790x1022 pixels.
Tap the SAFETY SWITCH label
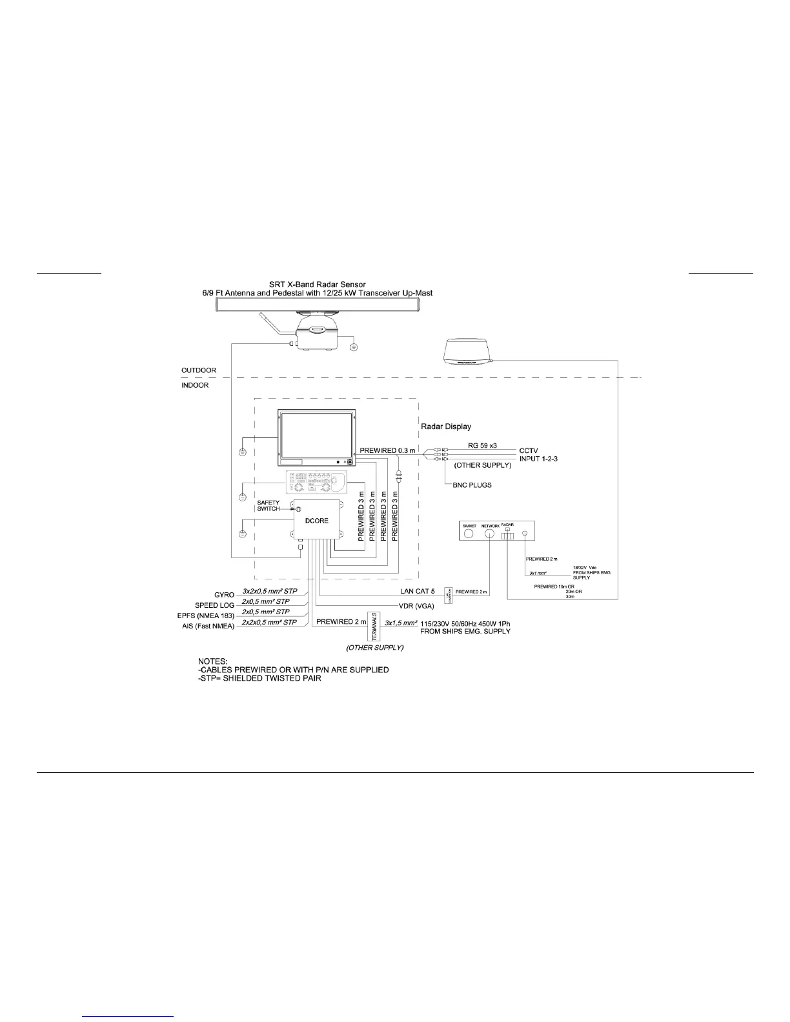[x=268, y=505]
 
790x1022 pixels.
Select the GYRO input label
[x=224, y=594]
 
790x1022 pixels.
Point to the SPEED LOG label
[x=215, y=605]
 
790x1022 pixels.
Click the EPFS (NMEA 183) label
[x=206, y=616]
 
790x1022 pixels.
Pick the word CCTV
[x=529, y=450]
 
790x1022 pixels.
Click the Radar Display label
[x=446, y=426]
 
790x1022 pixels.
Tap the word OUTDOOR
[x=199, y=371]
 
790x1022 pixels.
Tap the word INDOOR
[x=195, y=386]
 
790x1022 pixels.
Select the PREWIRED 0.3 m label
[x=386, y=449]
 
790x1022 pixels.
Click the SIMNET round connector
[x=469, y=535]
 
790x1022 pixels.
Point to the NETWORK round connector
[x=490, y=535]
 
